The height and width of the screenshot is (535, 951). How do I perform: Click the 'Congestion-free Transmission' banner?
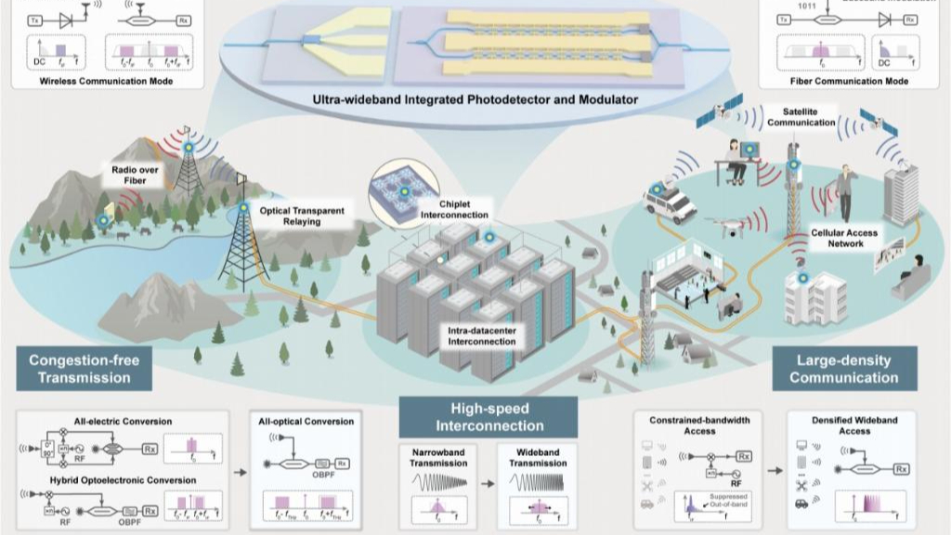(79, 369)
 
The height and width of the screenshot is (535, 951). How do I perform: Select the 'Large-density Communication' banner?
(844, 369)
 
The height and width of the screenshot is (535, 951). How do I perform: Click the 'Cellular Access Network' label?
(844, 238)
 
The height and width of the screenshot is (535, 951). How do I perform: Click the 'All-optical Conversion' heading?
(306, 422)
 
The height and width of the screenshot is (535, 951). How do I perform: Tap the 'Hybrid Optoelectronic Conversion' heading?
(109, 480)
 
